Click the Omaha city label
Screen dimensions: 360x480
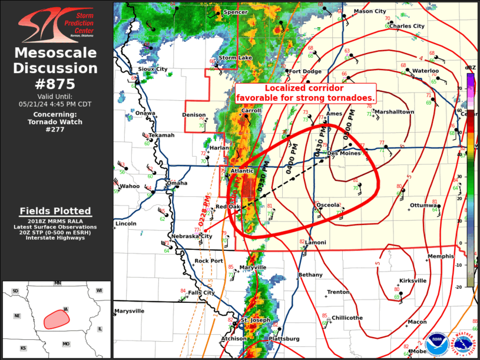[177, 183]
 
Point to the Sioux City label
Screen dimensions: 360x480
[153, 69]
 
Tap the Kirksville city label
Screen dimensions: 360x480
[412, 281]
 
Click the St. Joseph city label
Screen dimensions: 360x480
[255, 320]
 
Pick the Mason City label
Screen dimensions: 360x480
[370, 11]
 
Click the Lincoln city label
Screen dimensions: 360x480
[126, 224]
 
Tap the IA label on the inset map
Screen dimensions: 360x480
[66, 309]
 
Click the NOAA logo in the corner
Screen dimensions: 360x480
[436, 342]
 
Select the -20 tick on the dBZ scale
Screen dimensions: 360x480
[459, 286]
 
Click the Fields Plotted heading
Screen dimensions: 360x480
[55, 211]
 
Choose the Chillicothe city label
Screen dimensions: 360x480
[347, 318]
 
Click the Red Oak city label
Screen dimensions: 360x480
[227, 207]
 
